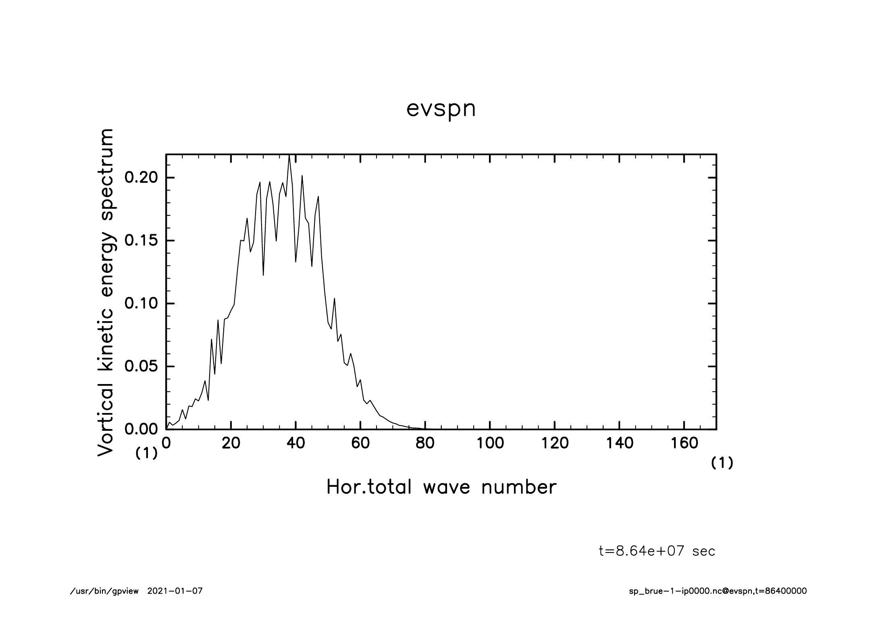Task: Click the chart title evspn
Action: click(441, 110)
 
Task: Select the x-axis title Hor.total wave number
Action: click(441, 487)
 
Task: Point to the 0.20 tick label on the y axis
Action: click(141, 178)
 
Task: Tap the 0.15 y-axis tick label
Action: click(141, 241)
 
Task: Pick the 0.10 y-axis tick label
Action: click(141, 303)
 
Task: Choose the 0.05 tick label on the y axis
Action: click(141, 366)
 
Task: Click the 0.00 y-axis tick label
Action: click(141, 429)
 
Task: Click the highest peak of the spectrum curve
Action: click(289, 156)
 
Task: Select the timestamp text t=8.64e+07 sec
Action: click(657, 551)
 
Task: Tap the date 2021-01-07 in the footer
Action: click(175, 591)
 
